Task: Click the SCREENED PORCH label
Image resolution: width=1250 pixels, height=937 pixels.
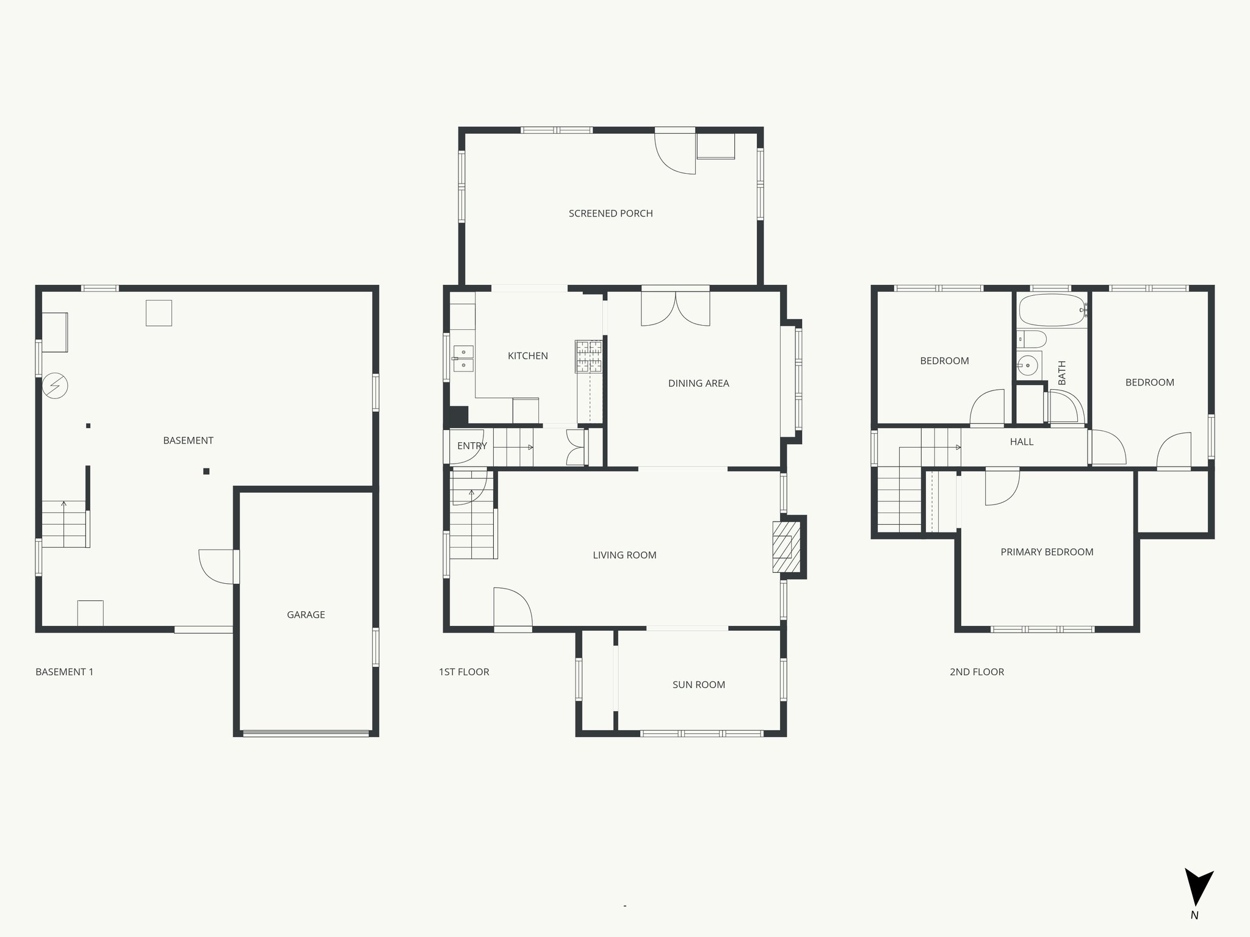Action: point(610,214)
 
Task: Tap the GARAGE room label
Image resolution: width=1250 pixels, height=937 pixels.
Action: point(306,615)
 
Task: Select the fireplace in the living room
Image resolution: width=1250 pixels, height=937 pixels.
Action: point(786,547)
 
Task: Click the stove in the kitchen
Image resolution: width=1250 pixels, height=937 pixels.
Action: point(588,357)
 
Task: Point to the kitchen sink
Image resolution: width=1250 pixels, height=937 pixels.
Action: point(463,359)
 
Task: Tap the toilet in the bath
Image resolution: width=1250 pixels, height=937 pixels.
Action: point(1031,339)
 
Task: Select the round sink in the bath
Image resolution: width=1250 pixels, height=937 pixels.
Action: point(1029,366)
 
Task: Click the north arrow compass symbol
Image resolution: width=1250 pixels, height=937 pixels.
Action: point(1198,895)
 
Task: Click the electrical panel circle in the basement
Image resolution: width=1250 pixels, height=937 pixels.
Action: point(55,386)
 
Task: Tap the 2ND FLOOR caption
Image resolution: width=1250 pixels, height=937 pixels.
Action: point(977,672)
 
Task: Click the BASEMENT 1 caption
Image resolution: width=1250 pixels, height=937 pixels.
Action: point(64,672)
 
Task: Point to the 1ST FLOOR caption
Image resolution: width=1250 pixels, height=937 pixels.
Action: point(464,672)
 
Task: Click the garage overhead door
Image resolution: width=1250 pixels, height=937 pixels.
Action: point(306,733)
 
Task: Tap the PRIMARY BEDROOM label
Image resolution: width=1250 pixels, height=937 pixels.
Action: point(1047,552)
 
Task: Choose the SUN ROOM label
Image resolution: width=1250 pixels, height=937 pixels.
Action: point(699,685)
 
